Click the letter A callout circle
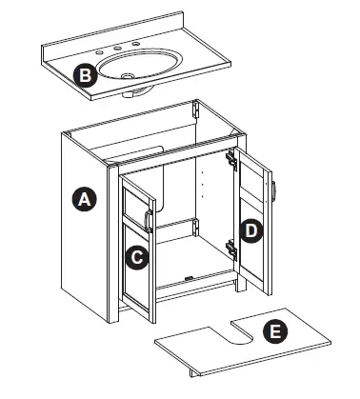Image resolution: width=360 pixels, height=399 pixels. tap(84, 200)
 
